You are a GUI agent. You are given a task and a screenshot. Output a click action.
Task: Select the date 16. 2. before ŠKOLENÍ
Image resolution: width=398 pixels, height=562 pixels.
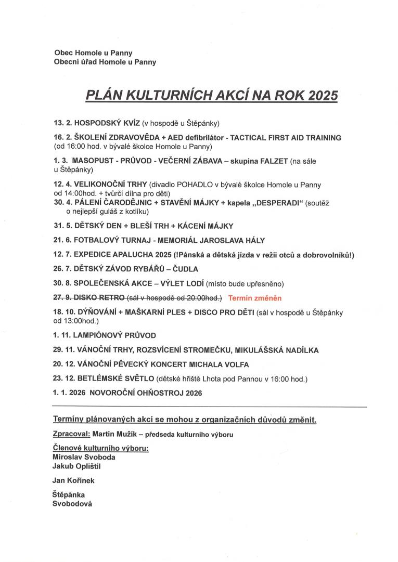point(62,138)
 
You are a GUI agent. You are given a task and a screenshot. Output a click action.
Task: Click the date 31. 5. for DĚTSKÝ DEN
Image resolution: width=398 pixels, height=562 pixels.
point(62,226)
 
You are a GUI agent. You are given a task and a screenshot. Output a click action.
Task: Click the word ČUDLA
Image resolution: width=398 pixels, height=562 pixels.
point(185,269)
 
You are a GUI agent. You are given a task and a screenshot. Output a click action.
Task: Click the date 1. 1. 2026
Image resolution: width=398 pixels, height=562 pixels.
point(69,393)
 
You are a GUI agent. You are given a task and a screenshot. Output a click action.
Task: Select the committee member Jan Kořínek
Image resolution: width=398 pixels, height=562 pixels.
point(74,481)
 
